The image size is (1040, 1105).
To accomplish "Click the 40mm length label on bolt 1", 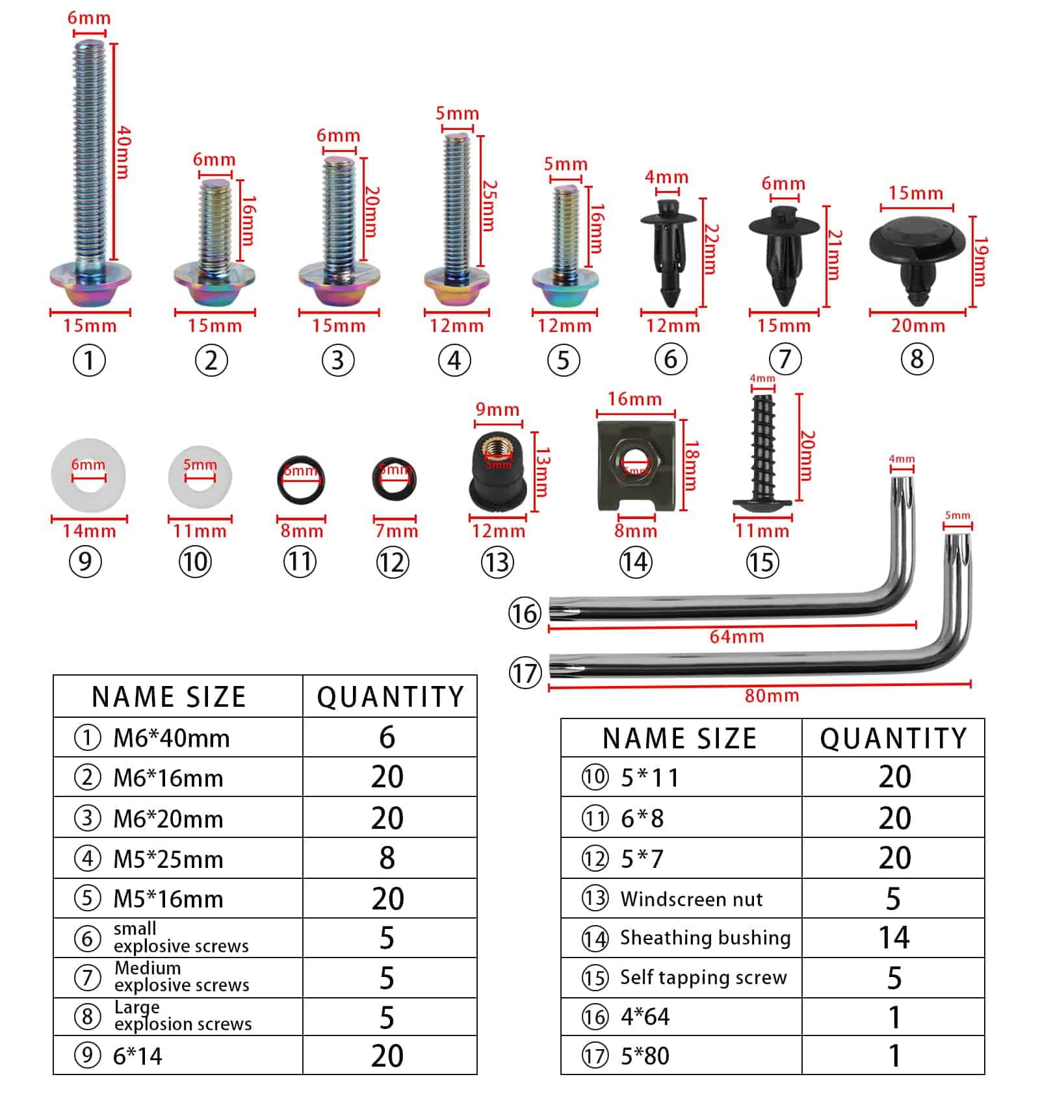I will (123, 153).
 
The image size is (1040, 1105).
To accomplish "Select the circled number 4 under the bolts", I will (454, 361).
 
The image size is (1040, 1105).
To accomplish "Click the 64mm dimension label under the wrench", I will (736, 637).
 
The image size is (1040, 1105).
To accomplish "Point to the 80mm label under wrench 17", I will (772, 696).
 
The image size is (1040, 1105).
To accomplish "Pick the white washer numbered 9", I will (88, 476).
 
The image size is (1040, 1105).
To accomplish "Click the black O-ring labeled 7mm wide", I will (395, 479).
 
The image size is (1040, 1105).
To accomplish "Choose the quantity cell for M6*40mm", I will (388, 737).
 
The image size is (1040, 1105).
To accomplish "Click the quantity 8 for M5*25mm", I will (387, 858).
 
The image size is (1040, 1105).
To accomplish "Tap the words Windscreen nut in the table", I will (691, 899).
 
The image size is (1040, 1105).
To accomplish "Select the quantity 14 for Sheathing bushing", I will (893, 937).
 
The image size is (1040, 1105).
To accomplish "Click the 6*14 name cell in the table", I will (138, 1056).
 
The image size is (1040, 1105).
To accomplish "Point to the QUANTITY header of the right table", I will (893, 739).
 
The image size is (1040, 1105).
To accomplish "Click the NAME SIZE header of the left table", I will (169, 697).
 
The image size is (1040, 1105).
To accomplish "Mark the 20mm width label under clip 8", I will (917, 325).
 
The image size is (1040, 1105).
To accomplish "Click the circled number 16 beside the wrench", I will (524, 613).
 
